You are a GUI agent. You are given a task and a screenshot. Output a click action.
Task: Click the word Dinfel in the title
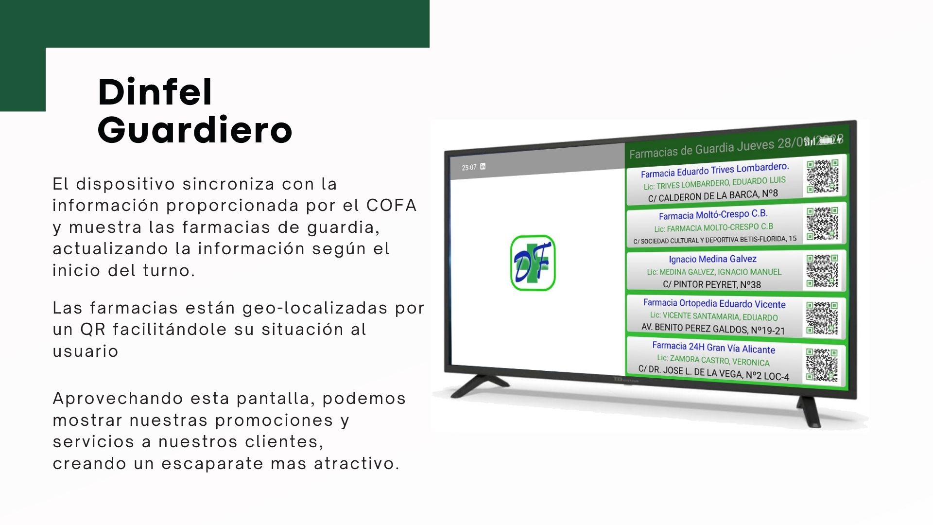(155, 92)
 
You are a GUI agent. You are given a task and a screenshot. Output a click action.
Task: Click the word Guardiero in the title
(195, 130)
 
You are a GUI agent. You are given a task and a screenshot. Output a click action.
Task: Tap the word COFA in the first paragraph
(392, 206)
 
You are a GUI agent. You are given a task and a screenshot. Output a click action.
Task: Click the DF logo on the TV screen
(533, 263)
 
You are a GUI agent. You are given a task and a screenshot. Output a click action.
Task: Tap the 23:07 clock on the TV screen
(469, 168)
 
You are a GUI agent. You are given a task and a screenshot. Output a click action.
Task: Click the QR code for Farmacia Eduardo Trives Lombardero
(823, 176)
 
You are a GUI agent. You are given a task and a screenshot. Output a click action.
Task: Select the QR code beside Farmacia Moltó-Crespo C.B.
(822, 224)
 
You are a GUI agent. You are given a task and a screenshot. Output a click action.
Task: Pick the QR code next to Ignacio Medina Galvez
(822, 271)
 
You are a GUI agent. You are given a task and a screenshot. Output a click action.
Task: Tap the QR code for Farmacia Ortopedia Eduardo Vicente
(822, 318)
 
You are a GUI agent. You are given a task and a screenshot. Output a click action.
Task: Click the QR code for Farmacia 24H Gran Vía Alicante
(822, 365)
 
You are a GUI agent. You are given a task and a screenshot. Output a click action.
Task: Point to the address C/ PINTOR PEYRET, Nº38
(712, 284)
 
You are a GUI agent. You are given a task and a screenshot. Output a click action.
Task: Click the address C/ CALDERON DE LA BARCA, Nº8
(713, 195)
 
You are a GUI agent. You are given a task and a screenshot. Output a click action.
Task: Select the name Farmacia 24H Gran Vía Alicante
(714, 348)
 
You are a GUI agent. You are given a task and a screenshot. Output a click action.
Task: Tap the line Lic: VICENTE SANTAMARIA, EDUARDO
(714, 316)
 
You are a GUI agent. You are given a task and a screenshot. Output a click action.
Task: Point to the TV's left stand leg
(479, 386)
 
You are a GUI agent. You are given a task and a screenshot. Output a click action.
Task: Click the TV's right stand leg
(809, 411)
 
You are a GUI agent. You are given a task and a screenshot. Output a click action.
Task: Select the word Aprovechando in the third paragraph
(117, 399)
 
